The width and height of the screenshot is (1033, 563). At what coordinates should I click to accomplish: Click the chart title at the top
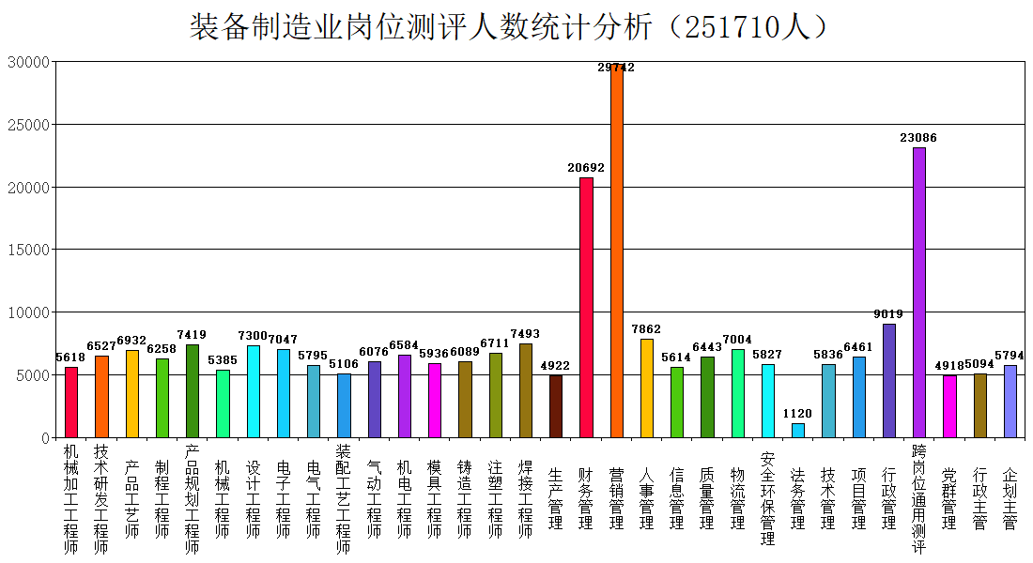click(508, 27)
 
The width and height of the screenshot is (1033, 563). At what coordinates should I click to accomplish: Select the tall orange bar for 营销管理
click(617, 251)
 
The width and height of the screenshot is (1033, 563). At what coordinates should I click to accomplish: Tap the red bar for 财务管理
click(586, 308)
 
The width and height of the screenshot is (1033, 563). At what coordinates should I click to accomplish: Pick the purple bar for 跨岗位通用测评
click(919, 293)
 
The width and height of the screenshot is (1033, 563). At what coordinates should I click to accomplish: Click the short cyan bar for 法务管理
click(798, 431)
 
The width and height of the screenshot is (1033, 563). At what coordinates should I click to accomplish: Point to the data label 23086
click(918, 138)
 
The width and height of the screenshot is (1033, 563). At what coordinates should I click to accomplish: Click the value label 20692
click(586, 168)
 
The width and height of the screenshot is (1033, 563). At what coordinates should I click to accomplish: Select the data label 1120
click(797, 414)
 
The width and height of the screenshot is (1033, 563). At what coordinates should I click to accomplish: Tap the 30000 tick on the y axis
click(28, 62)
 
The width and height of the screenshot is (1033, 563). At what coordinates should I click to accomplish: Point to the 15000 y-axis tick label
click(28, 250)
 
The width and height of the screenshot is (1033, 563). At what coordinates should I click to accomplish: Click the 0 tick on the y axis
click(45, 438)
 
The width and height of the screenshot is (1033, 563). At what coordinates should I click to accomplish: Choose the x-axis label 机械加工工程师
click(71, 499)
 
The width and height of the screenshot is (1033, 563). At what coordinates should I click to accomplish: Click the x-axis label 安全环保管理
click(767, 499)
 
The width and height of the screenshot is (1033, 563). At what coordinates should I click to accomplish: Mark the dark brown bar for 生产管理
click(556, 407)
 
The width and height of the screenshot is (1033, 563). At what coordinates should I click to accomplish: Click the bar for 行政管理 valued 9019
click(889, 381)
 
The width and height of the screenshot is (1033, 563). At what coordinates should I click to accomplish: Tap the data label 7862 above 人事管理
click(646, 329)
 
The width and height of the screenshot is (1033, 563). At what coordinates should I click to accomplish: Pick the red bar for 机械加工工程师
click(71, 403)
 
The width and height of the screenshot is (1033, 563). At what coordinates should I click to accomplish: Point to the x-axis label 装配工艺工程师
click(343, 499)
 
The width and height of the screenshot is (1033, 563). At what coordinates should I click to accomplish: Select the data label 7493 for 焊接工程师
click(525, 334)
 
